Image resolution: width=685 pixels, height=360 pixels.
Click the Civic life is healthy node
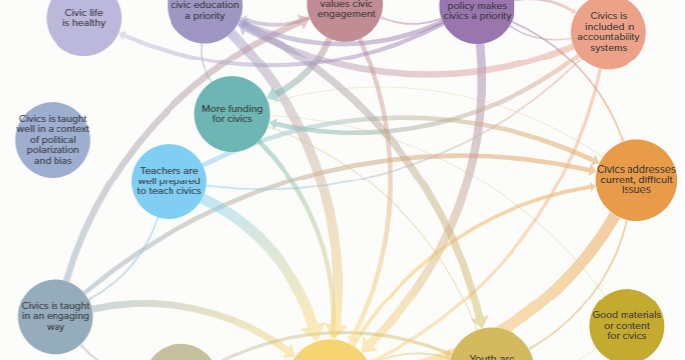(84, 18)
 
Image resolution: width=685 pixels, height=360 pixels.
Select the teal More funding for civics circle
(233, 114)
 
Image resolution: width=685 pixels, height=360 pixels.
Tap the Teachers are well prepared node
(169, 180)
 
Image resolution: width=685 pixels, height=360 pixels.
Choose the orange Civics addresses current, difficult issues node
(635, 180)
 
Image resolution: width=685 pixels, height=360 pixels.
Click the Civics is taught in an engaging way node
(56, 315)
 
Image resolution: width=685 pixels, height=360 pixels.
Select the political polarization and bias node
(53, 139)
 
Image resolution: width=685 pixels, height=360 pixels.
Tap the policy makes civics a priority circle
(477, 12)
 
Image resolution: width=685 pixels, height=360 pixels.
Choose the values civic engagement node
(345, 12)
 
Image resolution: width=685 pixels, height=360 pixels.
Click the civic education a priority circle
(204, 12)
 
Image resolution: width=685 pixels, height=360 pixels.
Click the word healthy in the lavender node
(84, 23)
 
